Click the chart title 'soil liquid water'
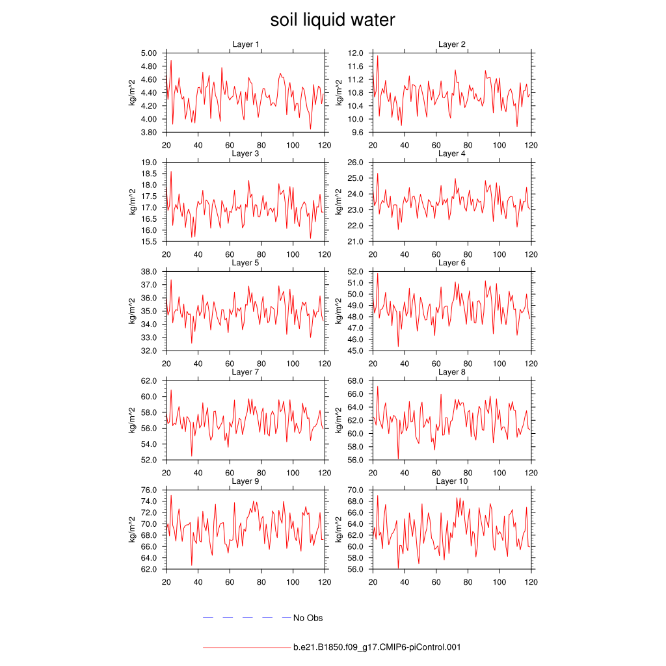tap(332, 20)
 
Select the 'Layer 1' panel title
tap(246, 44)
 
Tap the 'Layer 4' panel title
tap(451, 153)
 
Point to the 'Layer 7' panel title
tap(246, 372)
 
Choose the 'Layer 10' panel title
tap(451, 481)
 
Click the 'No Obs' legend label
tap(308, 618)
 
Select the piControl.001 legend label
tap(377, 647)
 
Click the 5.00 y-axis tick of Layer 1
tap(149, 53)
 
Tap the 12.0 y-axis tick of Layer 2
tap(355, 53)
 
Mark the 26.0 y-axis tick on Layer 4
tap(355, 163)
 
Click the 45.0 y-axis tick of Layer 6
tap(355, 351)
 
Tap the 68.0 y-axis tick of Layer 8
tap(355, 381)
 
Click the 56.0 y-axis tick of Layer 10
tap(355, 569)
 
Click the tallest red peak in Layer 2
tap(377, 56)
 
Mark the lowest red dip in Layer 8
tap(398, 459)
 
